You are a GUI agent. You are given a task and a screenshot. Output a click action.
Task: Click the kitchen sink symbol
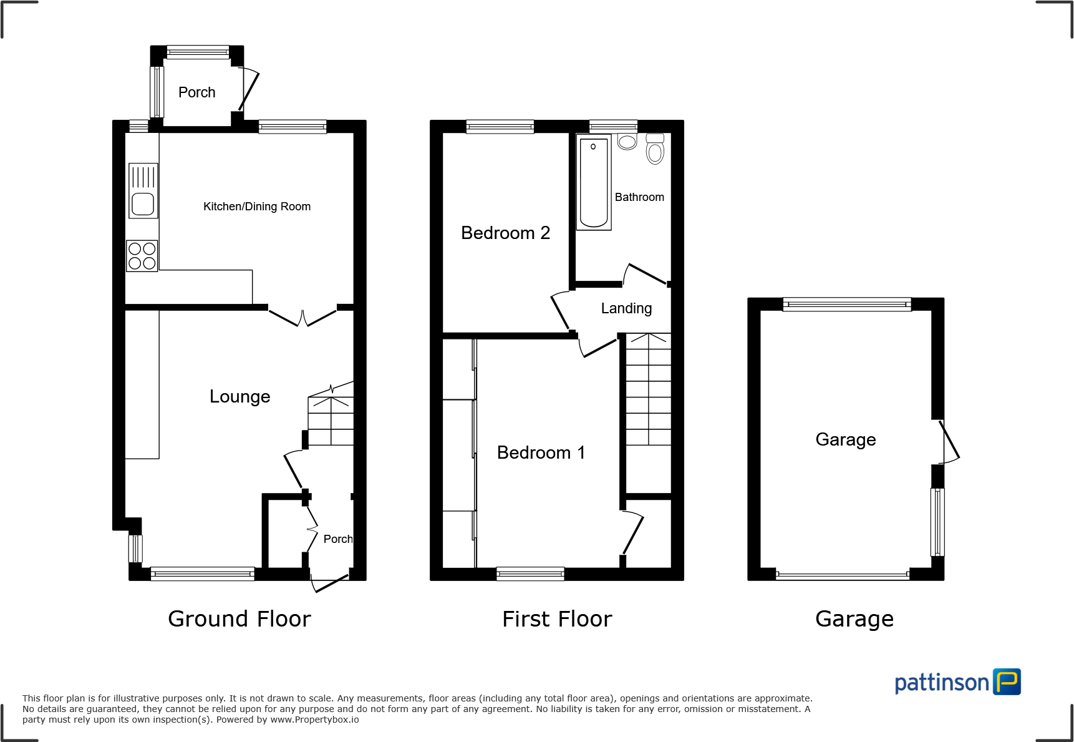tap(143, 191)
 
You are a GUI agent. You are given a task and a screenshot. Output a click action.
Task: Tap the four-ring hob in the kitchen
tap(142, 256)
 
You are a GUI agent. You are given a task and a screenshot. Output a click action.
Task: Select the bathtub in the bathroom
tap(593, 182)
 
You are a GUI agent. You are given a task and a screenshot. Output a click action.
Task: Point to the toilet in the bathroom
tap(655, 149)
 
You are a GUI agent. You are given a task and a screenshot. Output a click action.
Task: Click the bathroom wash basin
tap(627, 141)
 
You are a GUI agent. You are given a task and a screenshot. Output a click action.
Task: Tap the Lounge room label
tap(239, 396)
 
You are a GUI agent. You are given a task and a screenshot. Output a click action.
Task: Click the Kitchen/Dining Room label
tap(257, 207)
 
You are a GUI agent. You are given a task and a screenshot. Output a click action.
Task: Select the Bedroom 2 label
tap(505, 233)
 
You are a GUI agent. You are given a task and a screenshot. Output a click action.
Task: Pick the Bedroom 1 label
tap(541, 452)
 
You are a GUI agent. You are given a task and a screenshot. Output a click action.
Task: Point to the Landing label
tap(626, 308)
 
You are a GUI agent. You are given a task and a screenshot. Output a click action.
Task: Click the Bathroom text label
tap(639, 197)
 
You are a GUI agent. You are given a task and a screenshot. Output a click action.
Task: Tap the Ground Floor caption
tap(239, 619)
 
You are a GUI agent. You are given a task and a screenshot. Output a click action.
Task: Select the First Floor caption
tap(557, 619)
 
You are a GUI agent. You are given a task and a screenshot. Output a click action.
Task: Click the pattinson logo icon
tap(1007, 681)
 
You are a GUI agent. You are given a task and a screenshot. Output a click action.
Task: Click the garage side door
tap(947, 442)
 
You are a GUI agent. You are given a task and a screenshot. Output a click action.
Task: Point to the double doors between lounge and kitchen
tap(302, 317)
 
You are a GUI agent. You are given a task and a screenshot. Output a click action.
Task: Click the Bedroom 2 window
tap(500, 127)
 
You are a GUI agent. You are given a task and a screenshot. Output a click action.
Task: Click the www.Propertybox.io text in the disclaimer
tap(314, 720)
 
